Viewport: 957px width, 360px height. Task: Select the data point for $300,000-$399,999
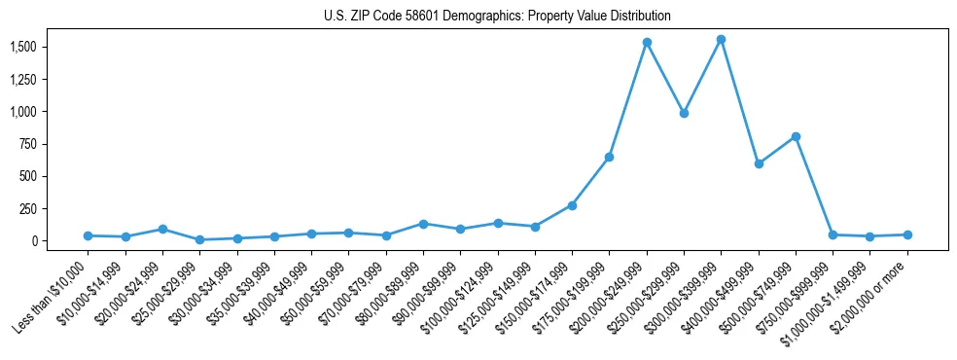coord(721,40)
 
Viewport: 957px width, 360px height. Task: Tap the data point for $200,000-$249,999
coord(647,43)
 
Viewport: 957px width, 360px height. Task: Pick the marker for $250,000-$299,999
coord(684,113)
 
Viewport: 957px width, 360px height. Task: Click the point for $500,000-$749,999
coord(796,136)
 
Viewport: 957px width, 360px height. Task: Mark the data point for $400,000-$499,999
coord(759,163)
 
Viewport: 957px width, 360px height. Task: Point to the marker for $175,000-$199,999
coord(609,157)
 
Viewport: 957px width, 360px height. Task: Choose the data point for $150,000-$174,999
coord(572,205)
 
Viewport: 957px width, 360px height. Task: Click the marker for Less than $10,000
coord(89,235)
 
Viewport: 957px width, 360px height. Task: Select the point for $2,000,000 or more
coord(907,234)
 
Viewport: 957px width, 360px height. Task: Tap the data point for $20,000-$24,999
coord(162,229)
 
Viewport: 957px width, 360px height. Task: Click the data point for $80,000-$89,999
coord(423,224)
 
